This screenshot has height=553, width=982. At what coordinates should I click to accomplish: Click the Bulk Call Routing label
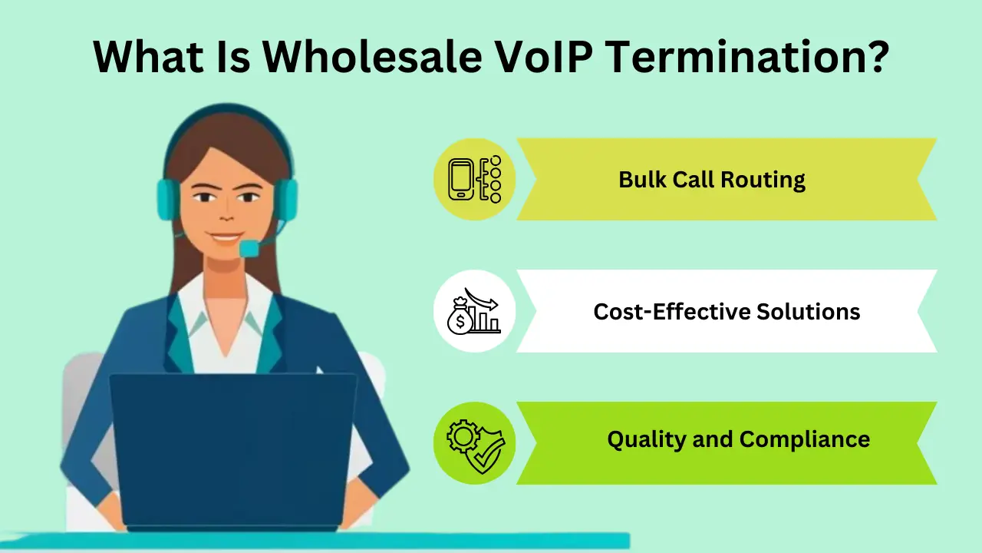pos(712,180)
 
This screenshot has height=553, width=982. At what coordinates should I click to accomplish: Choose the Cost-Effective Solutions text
pos(727,311)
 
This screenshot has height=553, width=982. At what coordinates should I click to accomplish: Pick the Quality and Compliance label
pos(738,439)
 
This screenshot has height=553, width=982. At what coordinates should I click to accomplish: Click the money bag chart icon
pos(474,311)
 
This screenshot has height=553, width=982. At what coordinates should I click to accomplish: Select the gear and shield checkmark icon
pos(474,443)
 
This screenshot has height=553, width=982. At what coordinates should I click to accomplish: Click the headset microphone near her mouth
pos(250,248)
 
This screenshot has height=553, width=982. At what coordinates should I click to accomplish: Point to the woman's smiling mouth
pos(227,238)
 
